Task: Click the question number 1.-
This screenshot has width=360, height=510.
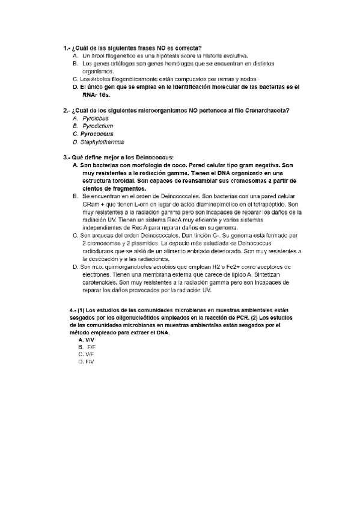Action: click(x=66, y=48)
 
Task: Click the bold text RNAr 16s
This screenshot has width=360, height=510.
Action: click(x=97, y=94)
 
